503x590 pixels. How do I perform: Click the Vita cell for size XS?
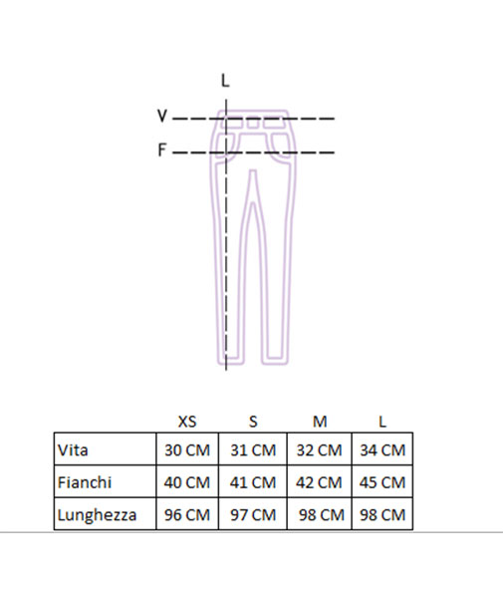click(187, 450)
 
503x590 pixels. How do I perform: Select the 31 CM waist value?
click(253, 450)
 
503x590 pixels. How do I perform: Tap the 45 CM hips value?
click(382, 482)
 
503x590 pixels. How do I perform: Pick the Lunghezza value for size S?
click(253, 514)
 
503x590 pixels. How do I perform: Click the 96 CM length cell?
click(187, 514)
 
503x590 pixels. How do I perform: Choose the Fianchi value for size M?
click(319, 482)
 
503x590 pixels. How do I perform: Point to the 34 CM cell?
click(382, 450)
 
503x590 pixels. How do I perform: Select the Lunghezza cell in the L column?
click(382, 514)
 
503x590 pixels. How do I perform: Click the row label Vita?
click(73, 450)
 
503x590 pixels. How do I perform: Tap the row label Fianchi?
click(85, 482)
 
